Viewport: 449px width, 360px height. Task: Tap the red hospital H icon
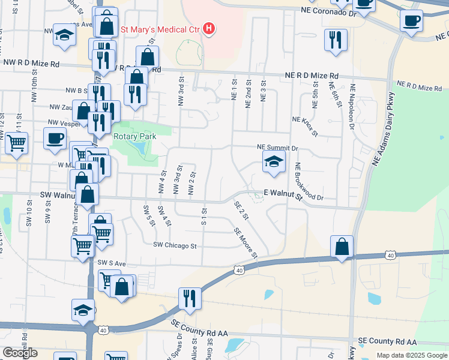point(209,28)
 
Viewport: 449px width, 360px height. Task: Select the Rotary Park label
point(134,137)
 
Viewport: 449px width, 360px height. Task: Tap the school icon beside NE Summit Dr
point(274,161)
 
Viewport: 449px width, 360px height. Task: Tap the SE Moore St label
point(246,243)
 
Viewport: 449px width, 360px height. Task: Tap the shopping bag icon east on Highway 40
point(342,246)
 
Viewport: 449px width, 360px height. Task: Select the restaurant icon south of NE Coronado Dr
point(335,40)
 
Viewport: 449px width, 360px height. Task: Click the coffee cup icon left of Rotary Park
point(55,138)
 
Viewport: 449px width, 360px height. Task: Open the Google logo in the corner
point(20,353)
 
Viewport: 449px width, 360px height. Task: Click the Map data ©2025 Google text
point(411,355)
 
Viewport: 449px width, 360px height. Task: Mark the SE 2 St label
point(241,212)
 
